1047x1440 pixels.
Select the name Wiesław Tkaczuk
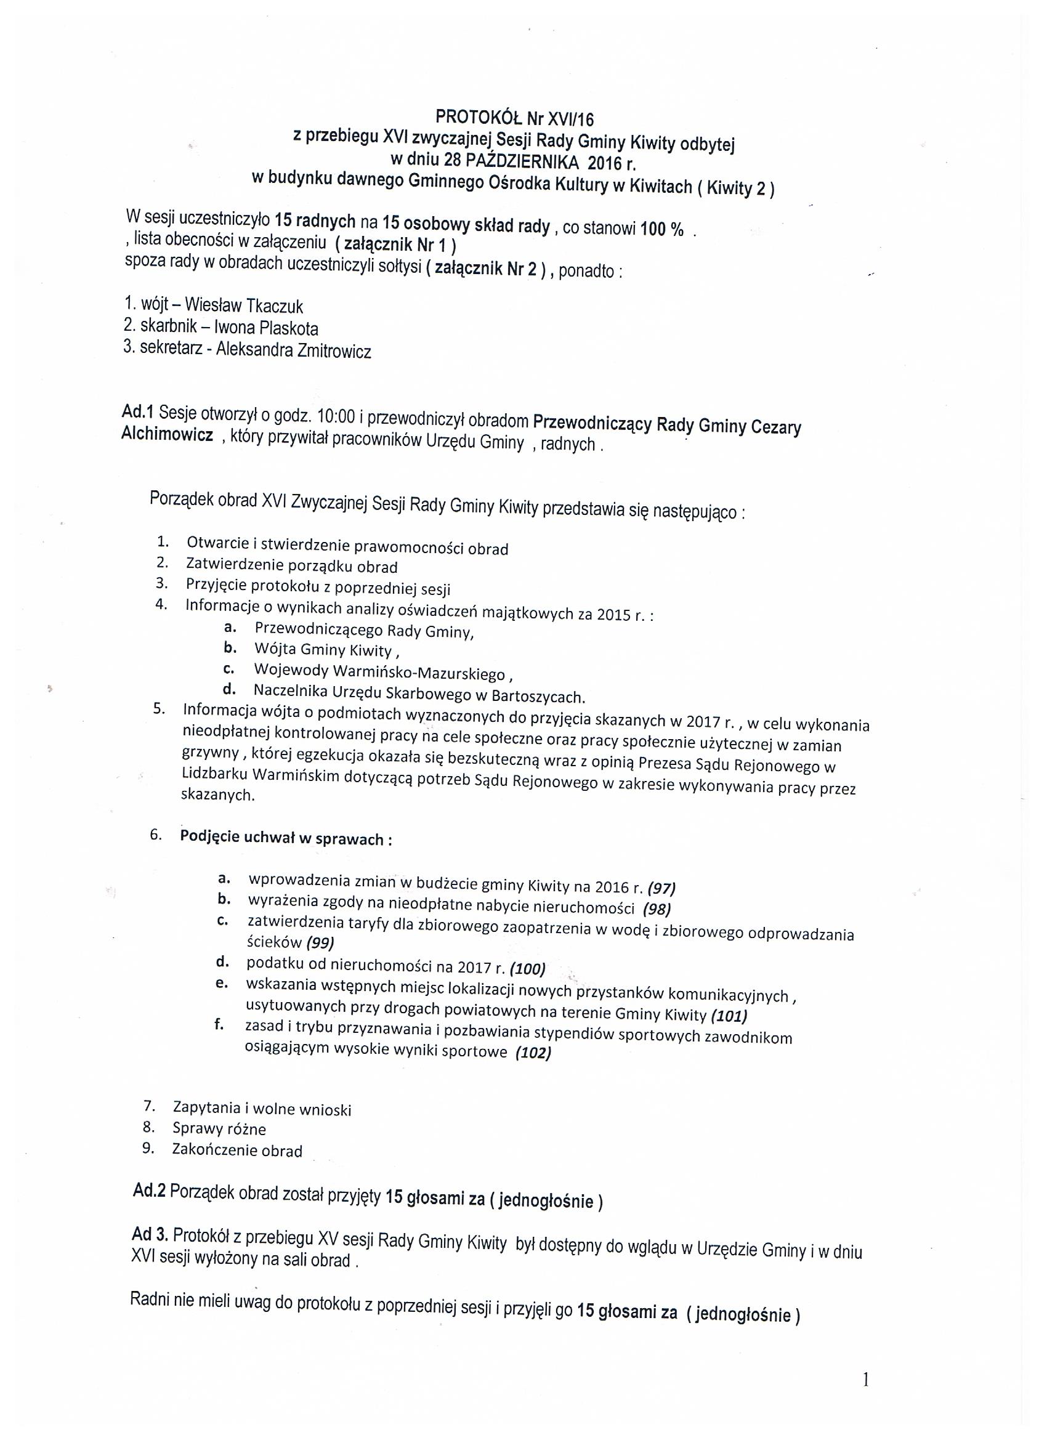(244, 306)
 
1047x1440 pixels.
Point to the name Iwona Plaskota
(266, 328)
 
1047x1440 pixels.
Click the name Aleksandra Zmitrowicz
(293, 350)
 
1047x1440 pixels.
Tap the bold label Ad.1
(138, 412)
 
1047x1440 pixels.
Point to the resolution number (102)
(533, 1053)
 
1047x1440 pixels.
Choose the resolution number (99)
(320, 942)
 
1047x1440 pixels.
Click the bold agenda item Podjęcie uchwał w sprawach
(285, 838)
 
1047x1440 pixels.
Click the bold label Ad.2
(149, 1190)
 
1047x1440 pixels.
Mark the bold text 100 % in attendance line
(661, 229)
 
